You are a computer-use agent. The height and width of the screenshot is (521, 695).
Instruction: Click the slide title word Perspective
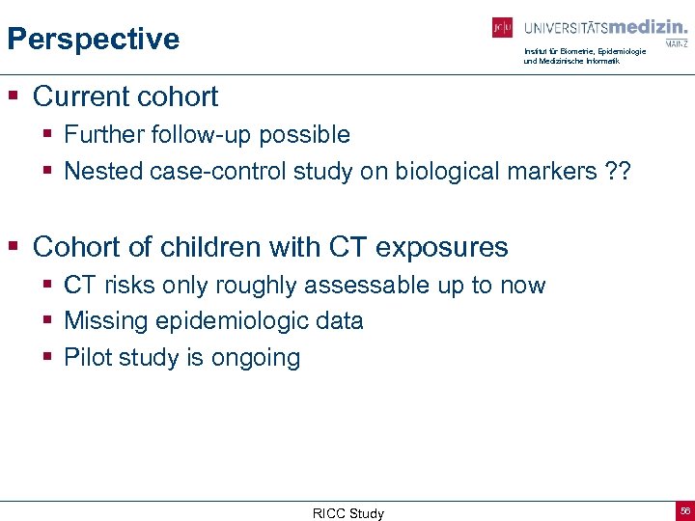tap(93, 39)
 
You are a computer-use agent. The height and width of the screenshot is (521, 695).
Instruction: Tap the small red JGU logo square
tap(502, 28)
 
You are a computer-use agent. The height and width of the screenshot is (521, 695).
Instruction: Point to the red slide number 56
tap(684, 510)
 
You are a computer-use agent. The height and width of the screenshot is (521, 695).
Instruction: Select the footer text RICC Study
tap(347, 513)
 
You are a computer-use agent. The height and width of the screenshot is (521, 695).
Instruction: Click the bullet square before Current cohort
tap(14, 97)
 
